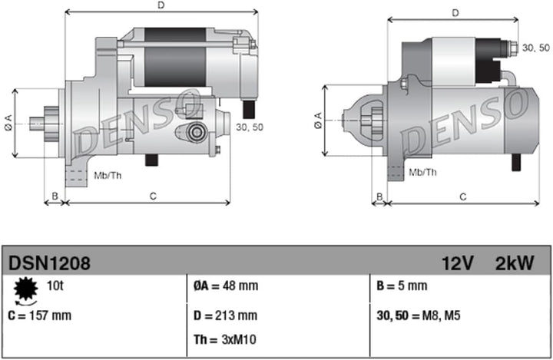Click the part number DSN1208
[50, 263]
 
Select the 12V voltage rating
[457, 263]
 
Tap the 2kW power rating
[515, 263]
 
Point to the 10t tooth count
[55, 286]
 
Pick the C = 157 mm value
[39, 315]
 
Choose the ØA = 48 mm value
[226, 286]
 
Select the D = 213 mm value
[225, 315]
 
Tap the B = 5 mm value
[402, 286]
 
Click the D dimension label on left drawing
[161, 5]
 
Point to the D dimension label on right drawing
[455, 13]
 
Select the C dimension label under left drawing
[153, 197]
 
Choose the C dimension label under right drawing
[462, 197]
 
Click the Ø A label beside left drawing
[8, 122]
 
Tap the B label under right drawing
[378, 197]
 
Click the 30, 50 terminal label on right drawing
[535, 48]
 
